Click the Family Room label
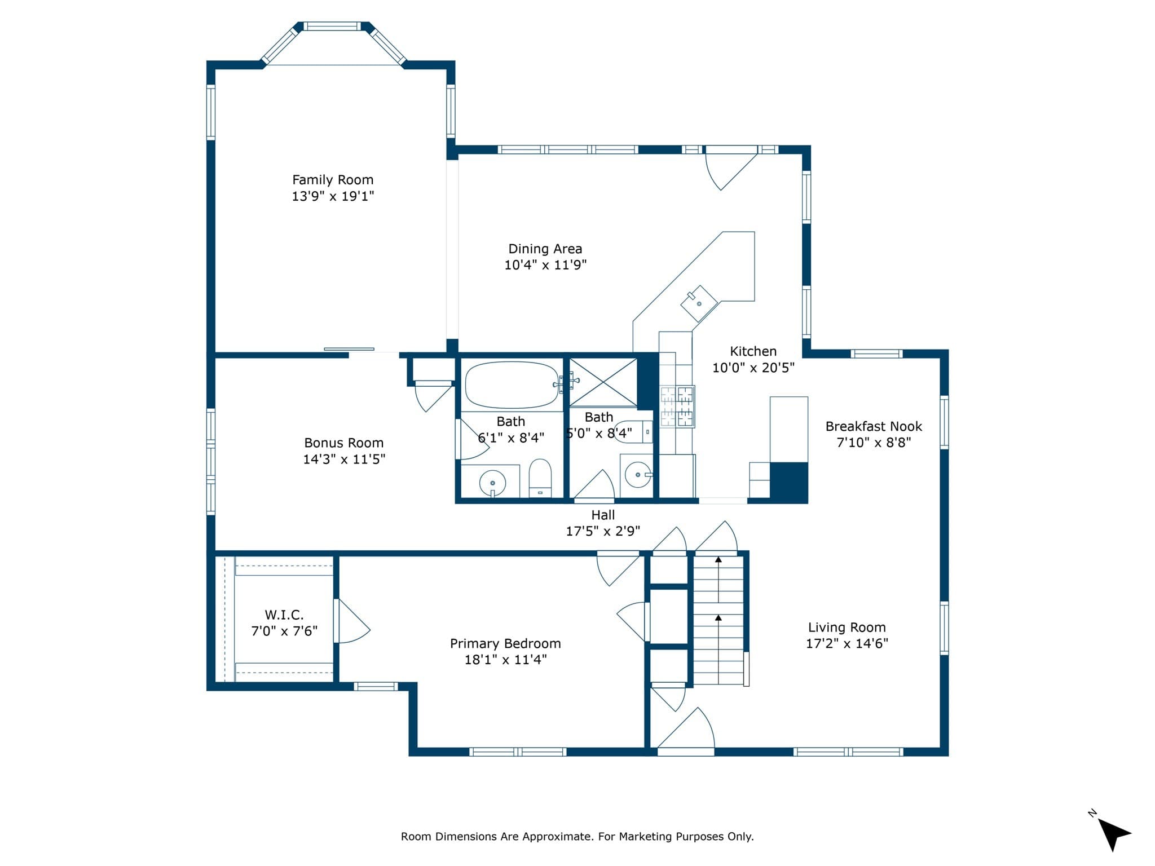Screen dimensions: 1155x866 pyautogui.click(x=333, y=180)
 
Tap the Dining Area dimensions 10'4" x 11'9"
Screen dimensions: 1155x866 pyautogui.click(x=545, y=265)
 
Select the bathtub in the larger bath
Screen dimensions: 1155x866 pyautogui.click(x=512, y=385)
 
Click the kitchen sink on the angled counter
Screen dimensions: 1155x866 pyautogui.click(x=699, y=303)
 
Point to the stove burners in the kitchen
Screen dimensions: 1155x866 pyautogui.click(x=677, y=407)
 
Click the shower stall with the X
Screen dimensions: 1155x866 pyautogui.click(x=603, y=382)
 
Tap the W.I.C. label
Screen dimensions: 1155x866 pyautogui.click(x=284, y=615)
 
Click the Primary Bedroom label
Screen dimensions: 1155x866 pyautogui.click(x=505, y=643)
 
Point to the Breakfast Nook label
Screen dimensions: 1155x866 pyautogui.click(x=874, y=426)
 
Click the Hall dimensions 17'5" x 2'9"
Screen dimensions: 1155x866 pyautogui.click(x=603, y=531)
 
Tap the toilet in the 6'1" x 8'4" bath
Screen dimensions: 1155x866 pyautogui.click(x=540, y=478)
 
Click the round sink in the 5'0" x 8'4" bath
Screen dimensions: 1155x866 pyautogui.click(x=638, y=475)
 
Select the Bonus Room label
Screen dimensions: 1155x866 pyautogui.click(x=343, y=443)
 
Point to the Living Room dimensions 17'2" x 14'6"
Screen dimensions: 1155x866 pyautogui.click(x=847, y=643)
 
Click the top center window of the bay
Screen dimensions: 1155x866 pyautogui.click(x=333, y=26)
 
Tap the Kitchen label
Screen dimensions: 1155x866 pyautogui.click(x=753, y=351)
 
